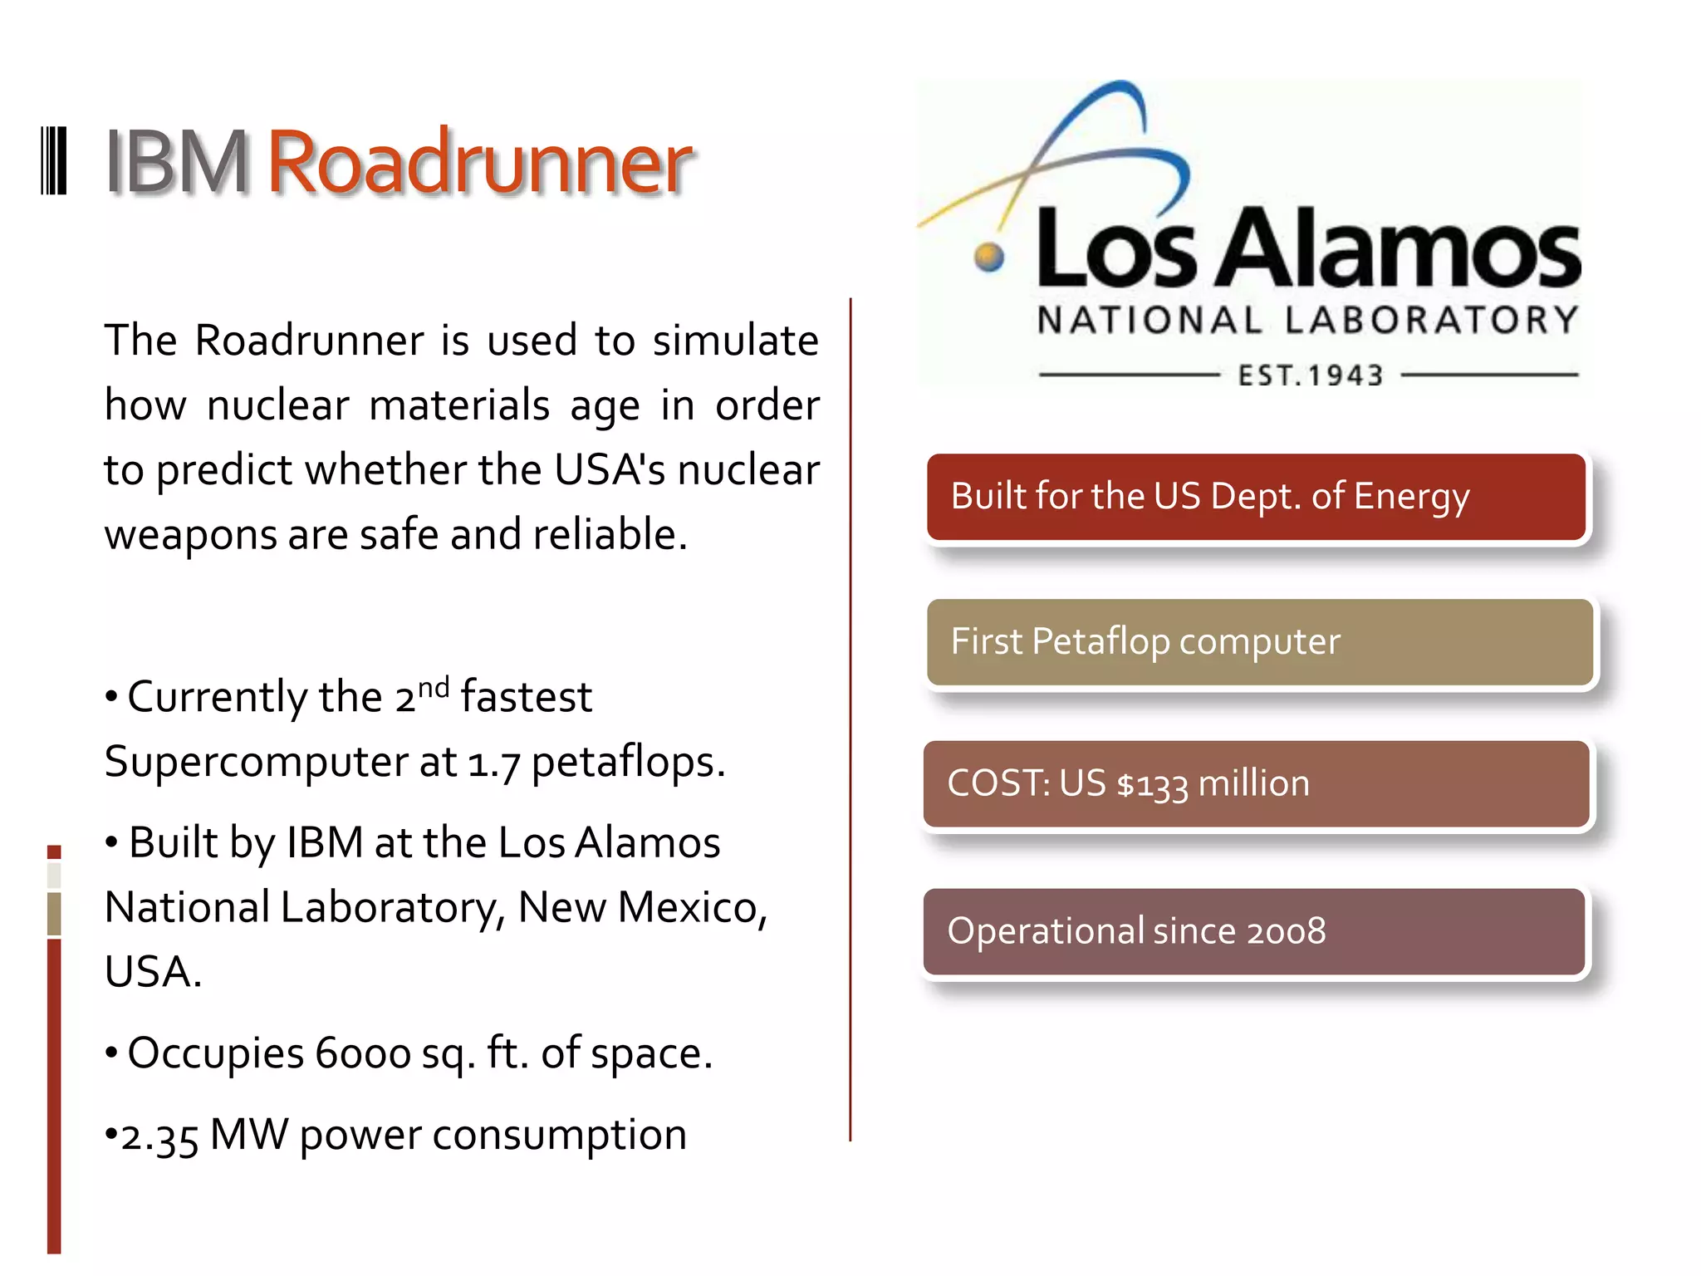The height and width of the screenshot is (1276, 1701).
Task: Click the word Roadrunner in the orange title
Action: click(478, 163)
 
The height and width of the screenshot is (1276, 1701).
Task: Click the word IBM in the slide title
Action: click(176, 163)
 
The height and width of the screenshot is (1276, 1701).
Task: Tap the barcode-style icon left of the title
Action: click(54, 161)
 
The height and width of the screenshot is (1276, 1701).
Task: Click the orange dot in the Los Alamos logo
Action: click(988, 257)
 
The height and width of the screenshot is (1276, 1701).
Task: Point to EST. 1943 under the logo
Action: click(1310, 375)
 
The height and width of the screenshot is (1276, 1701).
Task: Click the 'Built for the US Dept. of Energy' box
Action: click(1256, 497)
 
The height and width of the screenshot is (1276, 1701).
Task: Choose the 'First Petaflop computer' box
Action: click(1259, 642)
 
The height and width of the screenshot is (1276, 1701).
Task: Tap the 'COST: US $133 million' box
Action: click(1256, 784)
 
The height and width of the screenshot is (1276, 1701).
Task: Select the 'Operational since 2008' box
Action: click(1254, 931)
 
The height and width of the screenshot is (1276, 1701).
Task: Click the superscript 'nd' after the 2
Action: click(434, 688)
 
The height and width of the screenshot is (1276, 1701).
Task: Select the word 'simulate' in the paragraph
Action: click(735, 341)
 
